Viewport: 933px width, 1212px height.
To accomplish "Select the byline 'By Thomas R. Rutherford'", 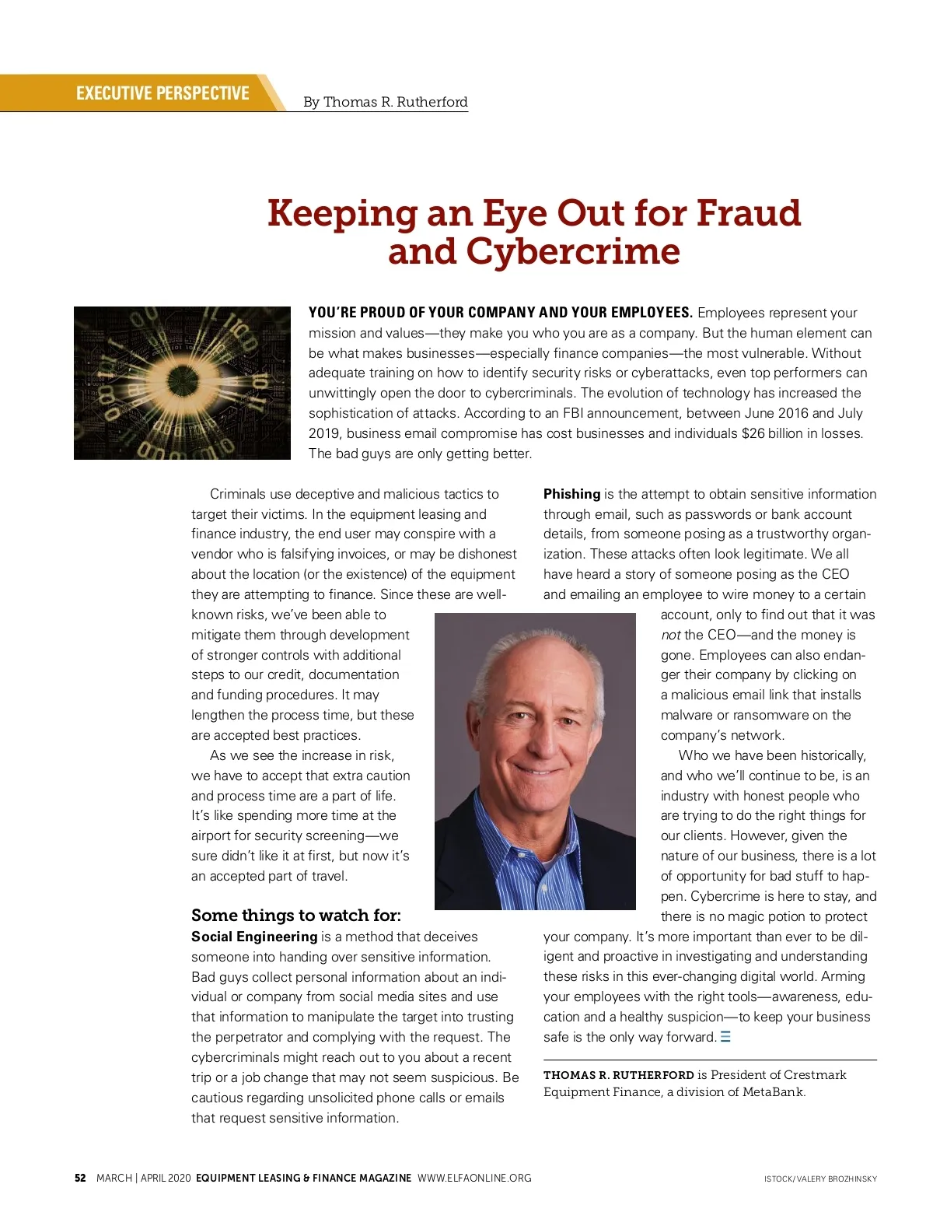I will (x=385, y=102).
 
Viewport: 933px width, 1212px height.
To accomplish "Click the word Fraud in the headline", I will (x=748, y=213).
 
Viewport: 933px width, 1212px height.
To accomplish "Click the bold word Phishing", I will (x=571, y=494).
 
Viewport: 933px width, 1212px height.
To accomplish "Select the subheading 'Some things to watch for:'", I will (x=296, y=915).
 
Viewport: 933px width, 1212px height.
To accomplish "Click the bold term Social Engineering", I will (x=254, y=937).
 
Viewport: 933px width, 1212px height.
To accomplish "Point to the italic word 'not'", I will (x=670, y=635).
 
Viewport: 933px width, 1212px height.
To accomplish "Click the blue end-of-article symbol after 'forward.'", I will (x=725, y=1037).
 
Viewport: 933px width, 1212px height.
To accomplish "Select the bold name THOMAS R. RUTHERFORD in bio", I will (x=618, y=1075).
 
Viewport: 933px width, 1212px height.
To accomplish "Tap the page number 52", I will (x=80, y=1178).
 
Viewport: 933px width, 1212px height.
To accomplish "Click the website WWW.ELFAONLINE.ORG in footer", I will (x=474, y=1178).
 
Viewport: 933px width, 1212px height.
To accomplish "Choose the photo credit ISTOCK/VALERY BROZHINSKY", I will (x=820, y=1179).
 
